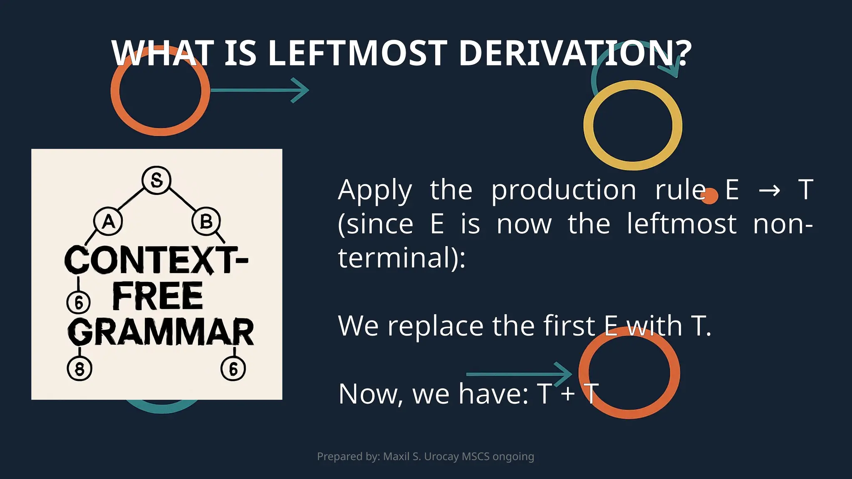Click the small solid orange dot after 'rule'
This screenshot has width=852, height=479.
click(710, 196)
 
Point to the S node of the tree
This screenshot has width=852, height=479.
click(156, 180)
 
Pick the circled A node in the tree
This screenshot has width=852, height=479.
click(108, 221)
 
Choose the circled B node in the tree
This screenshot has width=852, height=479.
click(206, 221)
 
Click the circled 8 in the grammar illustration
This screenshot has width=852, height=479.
click(79, 368)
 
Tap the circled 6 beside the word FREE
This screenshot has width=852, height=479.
click(79, 302)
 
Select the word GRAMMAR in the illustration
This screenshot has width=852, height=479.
click(161, 332)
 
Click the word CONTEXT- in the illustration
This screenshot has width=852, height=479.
click(156, 260)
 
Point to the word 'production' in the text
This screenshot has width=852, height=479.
click(564, 190)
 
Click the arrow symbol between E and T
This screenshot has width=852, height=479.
click(769, 190)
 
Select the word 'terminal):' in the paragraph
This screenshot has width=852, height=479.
click(401, 258)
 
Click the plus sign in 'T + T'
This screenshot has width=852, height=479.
click(567, 393)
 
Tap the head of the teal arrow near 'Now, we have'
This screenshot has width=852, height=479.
click(565, 374)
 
